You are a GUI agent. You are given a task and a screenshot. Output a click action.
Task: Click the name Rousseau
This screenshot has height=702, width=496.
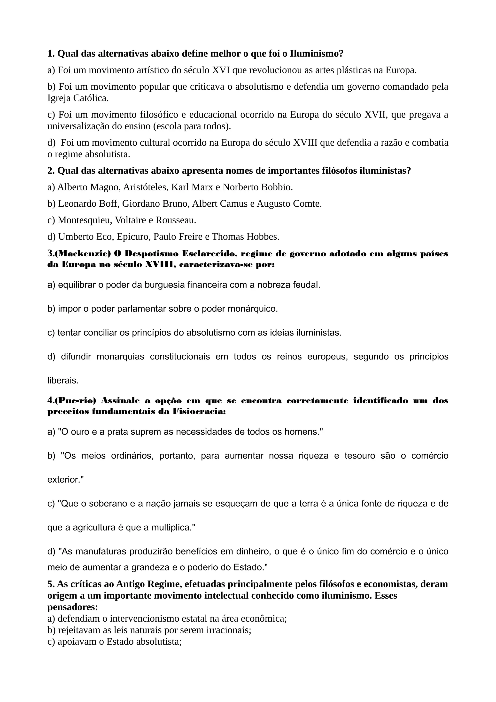point(176,220)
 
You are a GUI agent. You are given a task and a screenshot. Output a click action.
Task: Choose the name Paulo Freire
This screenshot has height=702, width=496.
point(177,237)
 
